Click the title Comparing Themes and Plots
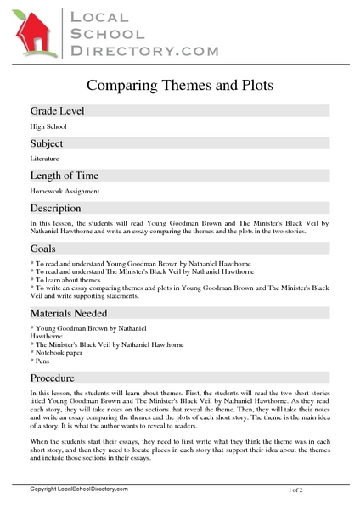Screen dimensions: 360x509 coord(180,85)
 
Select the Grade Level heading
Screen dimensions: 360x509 coord(57,111)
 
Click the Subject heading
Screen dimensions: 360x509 coord(48,143)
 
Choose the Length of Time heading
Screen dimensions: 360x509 coord(65,176)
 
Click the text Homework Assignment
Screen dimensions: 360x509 coord(65,192)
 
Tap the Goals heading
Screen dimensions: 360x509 coord(43,249)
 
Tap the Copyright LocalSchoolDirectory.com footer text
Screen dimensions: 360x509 coord(78,490)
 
